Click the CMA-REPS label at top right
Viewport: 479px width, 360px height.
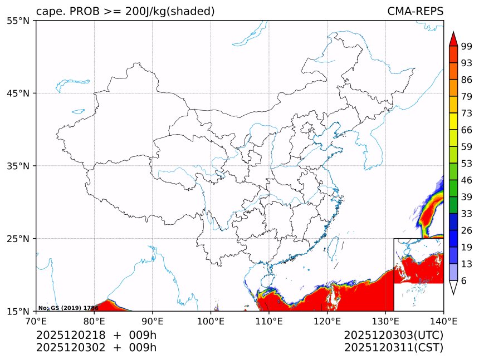pyautogui.click(x=415, y=12)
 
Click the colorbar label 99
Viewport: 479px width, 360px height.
pyautogui.click(x=467, y=46)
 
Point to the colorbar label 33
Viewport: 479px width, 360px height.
pyautogui.click(x=467, y=214)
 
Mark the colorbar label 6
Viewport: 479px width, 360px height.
pyautogui.click(x=464, y=281)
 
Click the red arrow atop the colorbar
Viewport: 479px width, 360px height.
pyautogui.click(x=453, y=39)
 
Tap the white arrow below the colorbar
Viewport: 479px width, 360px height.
pyautogui.click(x=453, y=287)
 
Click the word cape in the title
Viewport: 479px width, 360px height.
pyautogui.click(x=48, y=12)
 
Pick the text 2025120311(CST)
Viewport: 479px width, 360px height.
pyautogui.click(x=393, y=348)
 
